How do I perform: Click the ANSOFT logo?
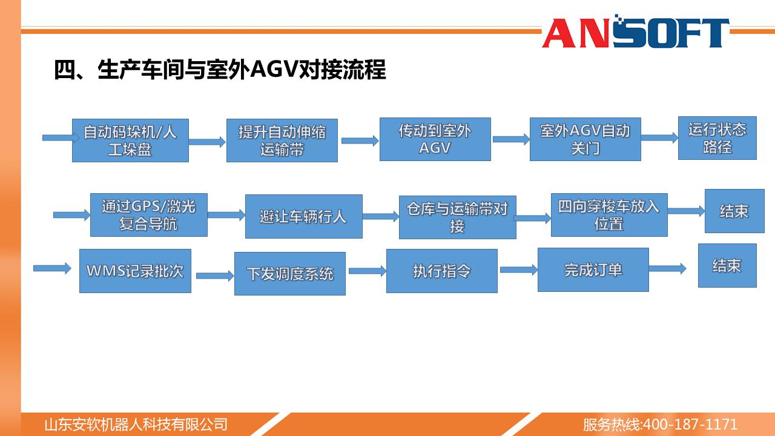tap(636, 31)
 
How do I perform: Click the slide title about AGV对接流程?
tap(220, 70)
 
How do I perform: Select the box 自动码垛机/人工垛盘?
tap(130, 140)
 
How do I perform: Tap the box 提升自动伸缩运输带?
tap(282, 140)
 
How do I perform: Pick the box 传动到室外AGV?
tap(435, 139)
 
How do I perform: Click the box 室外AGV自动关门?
tap(585, 139)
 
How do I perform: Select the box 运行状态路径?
tap(717, 138)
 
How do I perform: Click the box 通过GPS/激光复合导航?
tap(149, 215)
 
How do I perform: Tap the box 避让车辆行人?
tap(304, 216)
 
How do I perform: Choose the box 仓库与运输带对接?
tap(457, 217)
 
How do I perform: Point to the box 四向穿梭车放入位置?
tap(609, 215)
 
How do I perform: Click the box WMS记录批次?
tap(135, 271)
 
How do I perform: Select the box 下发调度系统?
tap(290, 274)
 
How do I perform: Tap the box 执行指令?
tap(442, 271)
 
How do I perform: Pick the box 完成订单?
tap(593, 270)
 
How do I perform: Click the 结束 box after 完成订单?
tap(727, 265)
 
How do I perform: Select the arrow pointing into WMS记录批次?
tap(52, 268)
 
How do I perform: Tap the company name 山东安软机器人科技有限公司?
tap(136, 424)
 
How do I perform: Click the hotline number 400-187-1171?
tap(690, 424)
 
